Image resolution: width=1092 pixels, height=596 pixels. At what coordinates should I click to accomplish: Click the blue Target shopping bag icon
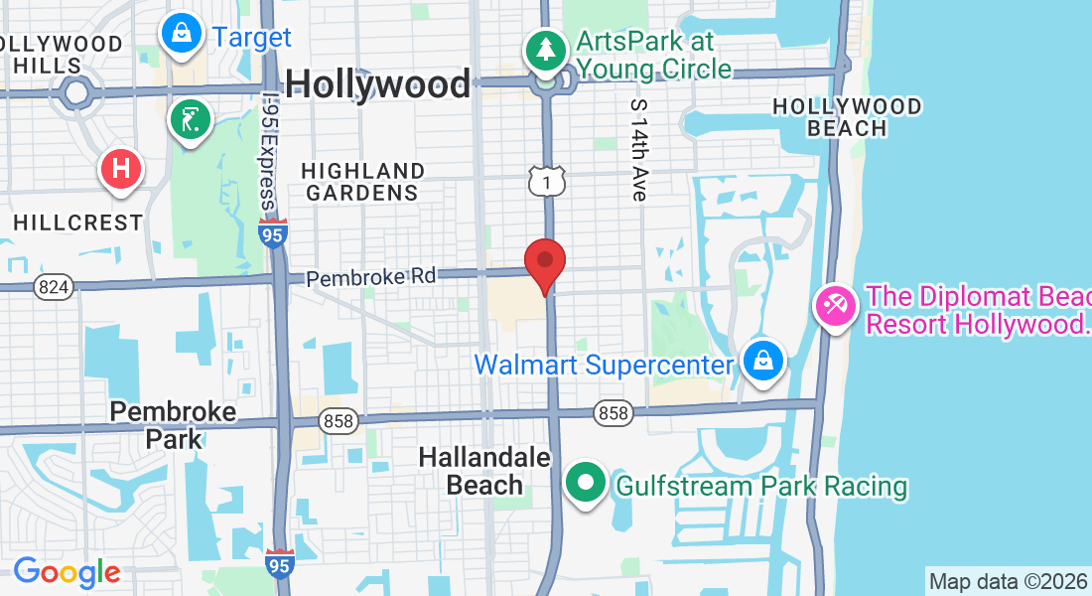[x=182, y=34]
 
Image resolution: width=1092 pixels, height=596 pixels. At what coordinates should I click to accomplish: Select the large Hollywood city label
[x=378, y=83]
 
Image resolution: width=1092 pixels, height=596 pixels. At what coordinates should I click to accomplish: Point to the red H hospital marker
[x=121, y=168]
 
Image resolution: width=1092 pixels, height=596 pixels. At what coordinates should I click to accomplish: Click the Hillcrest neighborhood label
[x=78, y=223]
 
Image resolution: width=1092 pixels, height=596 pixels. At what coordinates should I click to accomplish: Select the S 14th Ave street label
[x=637, y=149]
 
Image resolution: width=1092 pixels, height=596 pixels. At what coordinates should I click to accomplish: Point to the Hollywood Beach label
[x=847, y=116]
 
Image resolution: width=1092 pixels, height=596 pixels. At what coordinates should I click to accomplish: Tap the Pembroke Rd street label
[x=370, y=277]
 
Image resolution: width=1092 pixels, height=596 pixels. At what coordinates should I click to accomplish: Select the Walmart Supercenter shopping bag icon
[x=761, y=362]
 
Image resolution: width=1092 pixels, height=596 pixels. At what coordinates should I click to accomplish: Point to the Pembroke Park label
[x=173, y=424]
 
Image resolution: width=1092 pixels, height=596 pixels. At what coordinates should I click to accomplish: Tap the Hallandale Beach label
[x=484, y=471]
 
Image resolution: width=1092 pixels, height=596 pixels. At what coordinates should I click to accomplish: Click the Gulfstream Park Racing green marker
[x=586, y=484]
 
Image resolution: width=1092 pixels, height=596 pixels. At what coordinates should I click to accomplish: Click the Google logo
[x=67, y=572]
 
